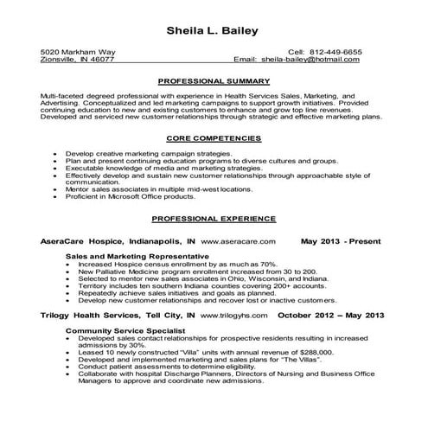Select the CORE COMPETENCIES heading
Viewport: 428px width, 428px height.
point(214,137)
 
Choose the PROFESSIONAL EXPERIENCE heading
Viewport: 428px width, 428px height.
point(214,218)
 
